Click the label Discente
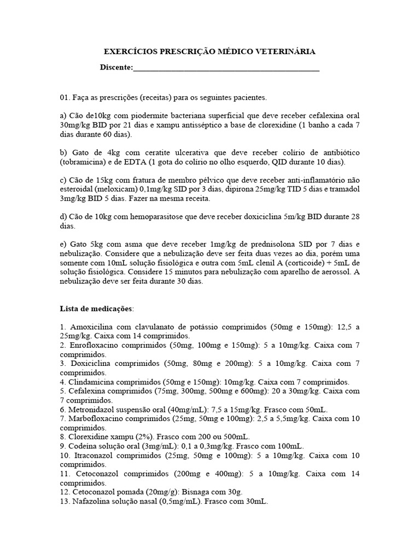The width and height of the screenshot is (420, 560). point(115,67)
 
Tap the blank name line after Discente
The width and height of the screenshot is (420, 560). point(226,68)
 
